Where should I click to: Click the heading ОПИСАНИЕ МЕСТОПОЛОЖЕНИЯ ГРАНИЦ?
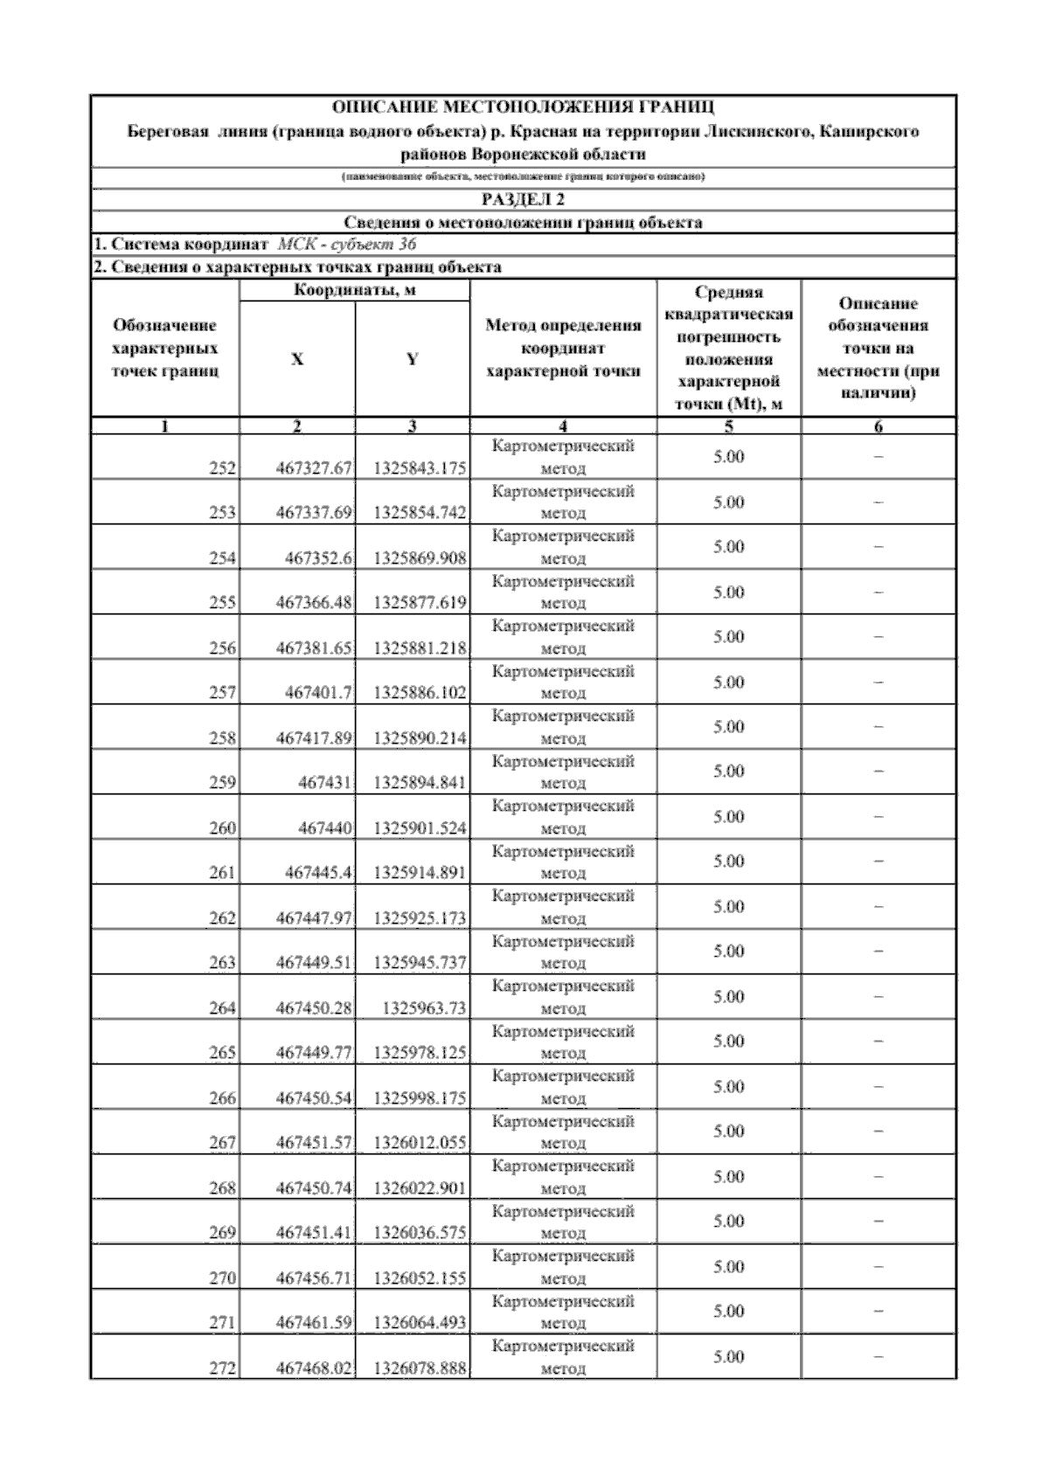(524, 108)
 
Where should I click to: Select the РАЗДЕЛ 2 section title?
(524, 199)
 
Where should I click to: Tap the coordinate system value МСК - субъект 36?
(346, 245)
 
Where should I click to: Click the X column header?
(297, 359)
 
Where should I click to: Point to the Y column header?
(413, 359)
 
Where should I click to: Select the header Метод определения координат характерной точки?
(563, 349)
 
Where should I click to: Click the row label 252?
(223, 468)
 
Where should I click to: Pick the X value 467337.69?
(314, 513)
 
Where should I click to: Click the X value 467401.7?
(319, 693)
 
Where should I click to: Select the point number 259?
(223, 783)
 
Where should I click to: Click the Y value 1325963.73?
(424, 1008)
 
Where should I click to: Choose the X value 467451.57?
(314, 1143)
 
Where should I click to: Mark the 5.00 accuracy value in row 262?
(728, 907)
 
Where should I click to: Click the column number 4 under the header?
(563, 426)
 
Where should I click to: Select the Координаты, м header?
(354, 290)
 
